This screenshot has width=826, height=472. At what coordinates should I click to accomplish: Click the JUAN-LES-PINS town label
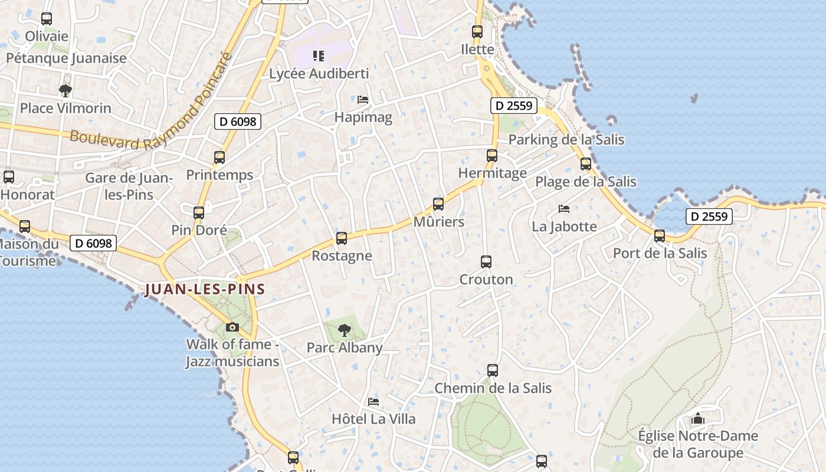click(x=205, y=289)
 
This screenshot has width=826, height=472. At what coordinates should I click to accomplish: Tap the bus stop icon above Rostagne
click(x=342, y=238)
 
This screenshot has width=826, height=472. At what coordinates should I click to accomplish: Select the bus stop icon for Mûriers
click(x=438, y=204)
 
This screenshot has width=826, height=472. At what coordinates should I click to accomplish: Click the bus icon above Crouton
click(x=486, y=261)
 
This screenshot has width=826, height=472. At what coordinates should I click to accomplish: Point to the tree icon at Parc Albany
click(x=345, y=330)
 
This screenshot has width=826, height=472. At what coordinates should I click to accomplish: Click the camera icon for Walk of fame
click(x=232, y=327)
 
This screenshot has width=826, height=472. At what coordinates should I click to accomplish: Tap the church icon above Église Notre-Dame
click(x=698, y=419)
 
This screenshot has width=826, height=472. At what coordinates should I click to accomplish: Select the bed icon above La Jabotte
click(x=564, y=209)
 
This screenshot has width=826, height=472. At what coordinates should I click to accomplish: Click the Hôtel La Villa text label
click(x=373, y=419)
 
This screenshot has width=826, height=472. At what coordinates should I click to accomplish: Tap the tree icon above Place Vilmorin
click(x=65, y=91)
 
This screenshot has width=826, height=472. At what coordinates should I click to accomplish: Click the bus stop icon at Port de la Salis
click(x=660, y=236)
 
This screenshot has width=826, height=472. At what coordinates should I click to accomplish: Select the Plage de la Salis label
click(x=586, y=182)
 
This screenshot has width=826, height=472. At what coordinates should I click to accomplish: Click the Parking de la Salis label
click(x=566, y=140)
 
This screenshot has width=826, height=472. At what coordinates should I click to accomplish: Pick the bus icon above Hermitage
click(x=492, y=156)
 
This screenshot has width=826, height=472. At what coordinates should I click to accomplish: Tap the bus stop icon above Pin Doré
click(x=199, y=213)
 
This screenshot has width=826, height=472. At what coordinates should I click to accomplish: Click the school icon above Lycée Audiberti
click(x=319, y=56)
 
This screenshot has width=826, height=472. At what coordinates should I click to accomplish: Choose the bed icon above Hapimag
click(x=363, y=100)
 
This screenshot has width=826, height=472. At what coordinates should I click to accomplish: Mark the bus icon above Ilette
click(x=477, y=32)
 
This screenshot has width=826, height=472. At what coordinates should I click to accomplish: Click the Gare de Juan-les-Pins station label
click(x=129, y=186)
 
